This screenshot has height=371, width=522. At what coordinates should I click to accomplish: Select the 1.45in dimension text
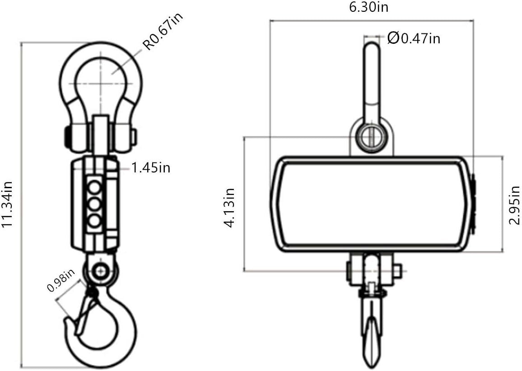151,168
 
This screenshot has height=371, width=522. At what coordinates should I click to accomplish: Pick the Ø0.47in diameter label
414,39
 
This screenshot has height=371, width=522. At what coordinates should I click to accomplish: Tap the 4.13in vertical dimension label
230,208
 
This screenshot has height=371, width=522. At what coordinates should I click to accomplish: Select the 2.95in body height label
514,205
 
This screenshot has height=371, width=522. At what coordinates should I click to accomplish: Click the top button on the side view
95,186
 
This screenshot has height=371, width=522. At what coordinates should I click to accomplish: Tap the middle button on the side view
95,204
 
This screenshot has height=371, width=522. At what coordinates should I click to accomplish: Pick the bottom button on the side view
95,221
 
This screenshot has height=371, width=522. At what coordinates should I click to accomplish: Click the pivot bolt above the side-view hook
100,271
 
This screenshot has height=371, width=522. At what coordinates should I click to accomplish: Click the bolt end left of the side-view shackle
66,135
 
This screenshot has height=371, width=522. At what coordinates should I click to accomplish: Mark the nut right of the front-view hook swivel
397,270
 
